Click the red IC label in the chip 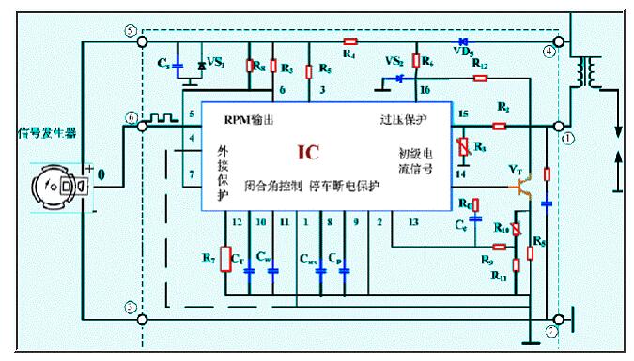click(310, 152)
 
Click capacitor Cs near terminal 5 click(178, 68)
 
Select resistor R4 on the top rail click(350, 41)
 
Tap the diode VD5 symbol click(462, 41)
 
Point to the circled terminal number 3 click(131, 308)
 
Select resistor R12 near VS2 click(480, 79)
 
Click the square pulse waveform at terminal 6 click(165, 120)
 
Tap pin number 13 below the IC click(413, 221)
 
